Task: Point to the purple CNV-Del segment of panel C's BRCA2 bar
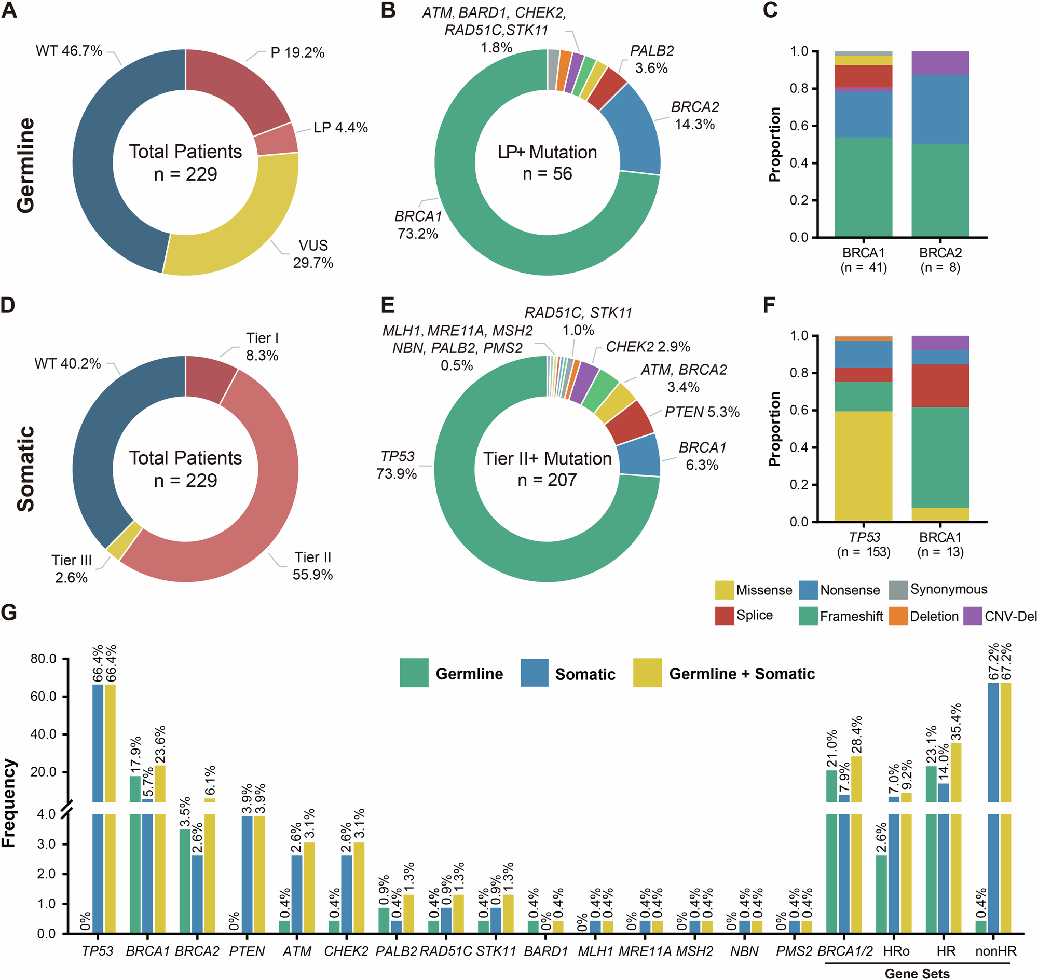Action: coord(940,63)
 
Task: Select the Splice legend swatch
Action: coord(724,616)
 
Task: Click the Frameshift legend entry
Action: coord(851,617)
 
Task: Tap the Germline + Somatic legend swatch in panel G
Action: coord(647,673)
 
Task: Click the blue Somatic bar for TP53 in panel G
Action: coord(98,742)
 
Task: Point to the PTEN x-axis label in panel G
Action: coord(247,951)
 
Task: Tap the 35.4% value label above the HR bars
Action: coord(955,723)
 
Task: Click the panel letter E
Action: coord(387,305)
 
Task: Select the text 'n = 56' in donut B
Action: coord(547,173)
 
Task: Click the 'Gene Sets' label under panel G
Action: coord(917,973)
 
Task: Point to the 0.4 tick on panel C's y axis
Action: coord(799,163)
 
